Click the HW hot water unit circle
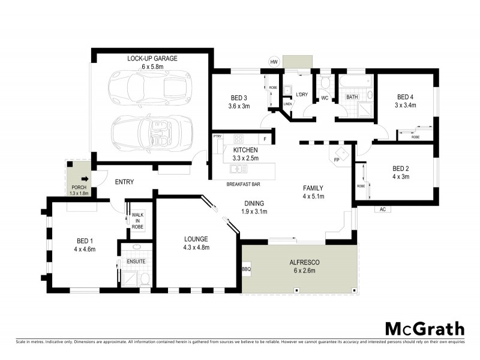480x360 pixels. pos(274,62)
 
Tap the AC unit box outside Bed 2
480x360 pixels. pos(382,209)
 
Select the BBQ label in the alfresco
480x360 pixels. pos(246,269)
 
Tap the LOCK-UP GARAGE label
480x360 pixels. pos(152,58)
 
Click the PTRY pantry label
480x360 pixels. pos(218,137)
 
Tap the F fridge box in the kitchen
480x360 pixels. pos(264,139)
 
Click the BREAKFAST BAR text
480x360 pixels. pos(243,184)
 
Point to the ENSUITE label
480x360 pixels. pos(136,262)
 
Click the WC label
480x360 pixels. pos(324,98)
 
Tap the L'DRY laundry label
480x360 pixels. pos(302,94)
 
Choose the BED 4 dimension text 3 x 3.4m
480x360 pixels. pos(405,106)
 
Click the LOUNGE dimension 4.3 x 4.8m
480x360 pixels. pos(196,247)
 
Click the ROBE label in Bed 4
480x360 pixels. pos(415,137)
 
